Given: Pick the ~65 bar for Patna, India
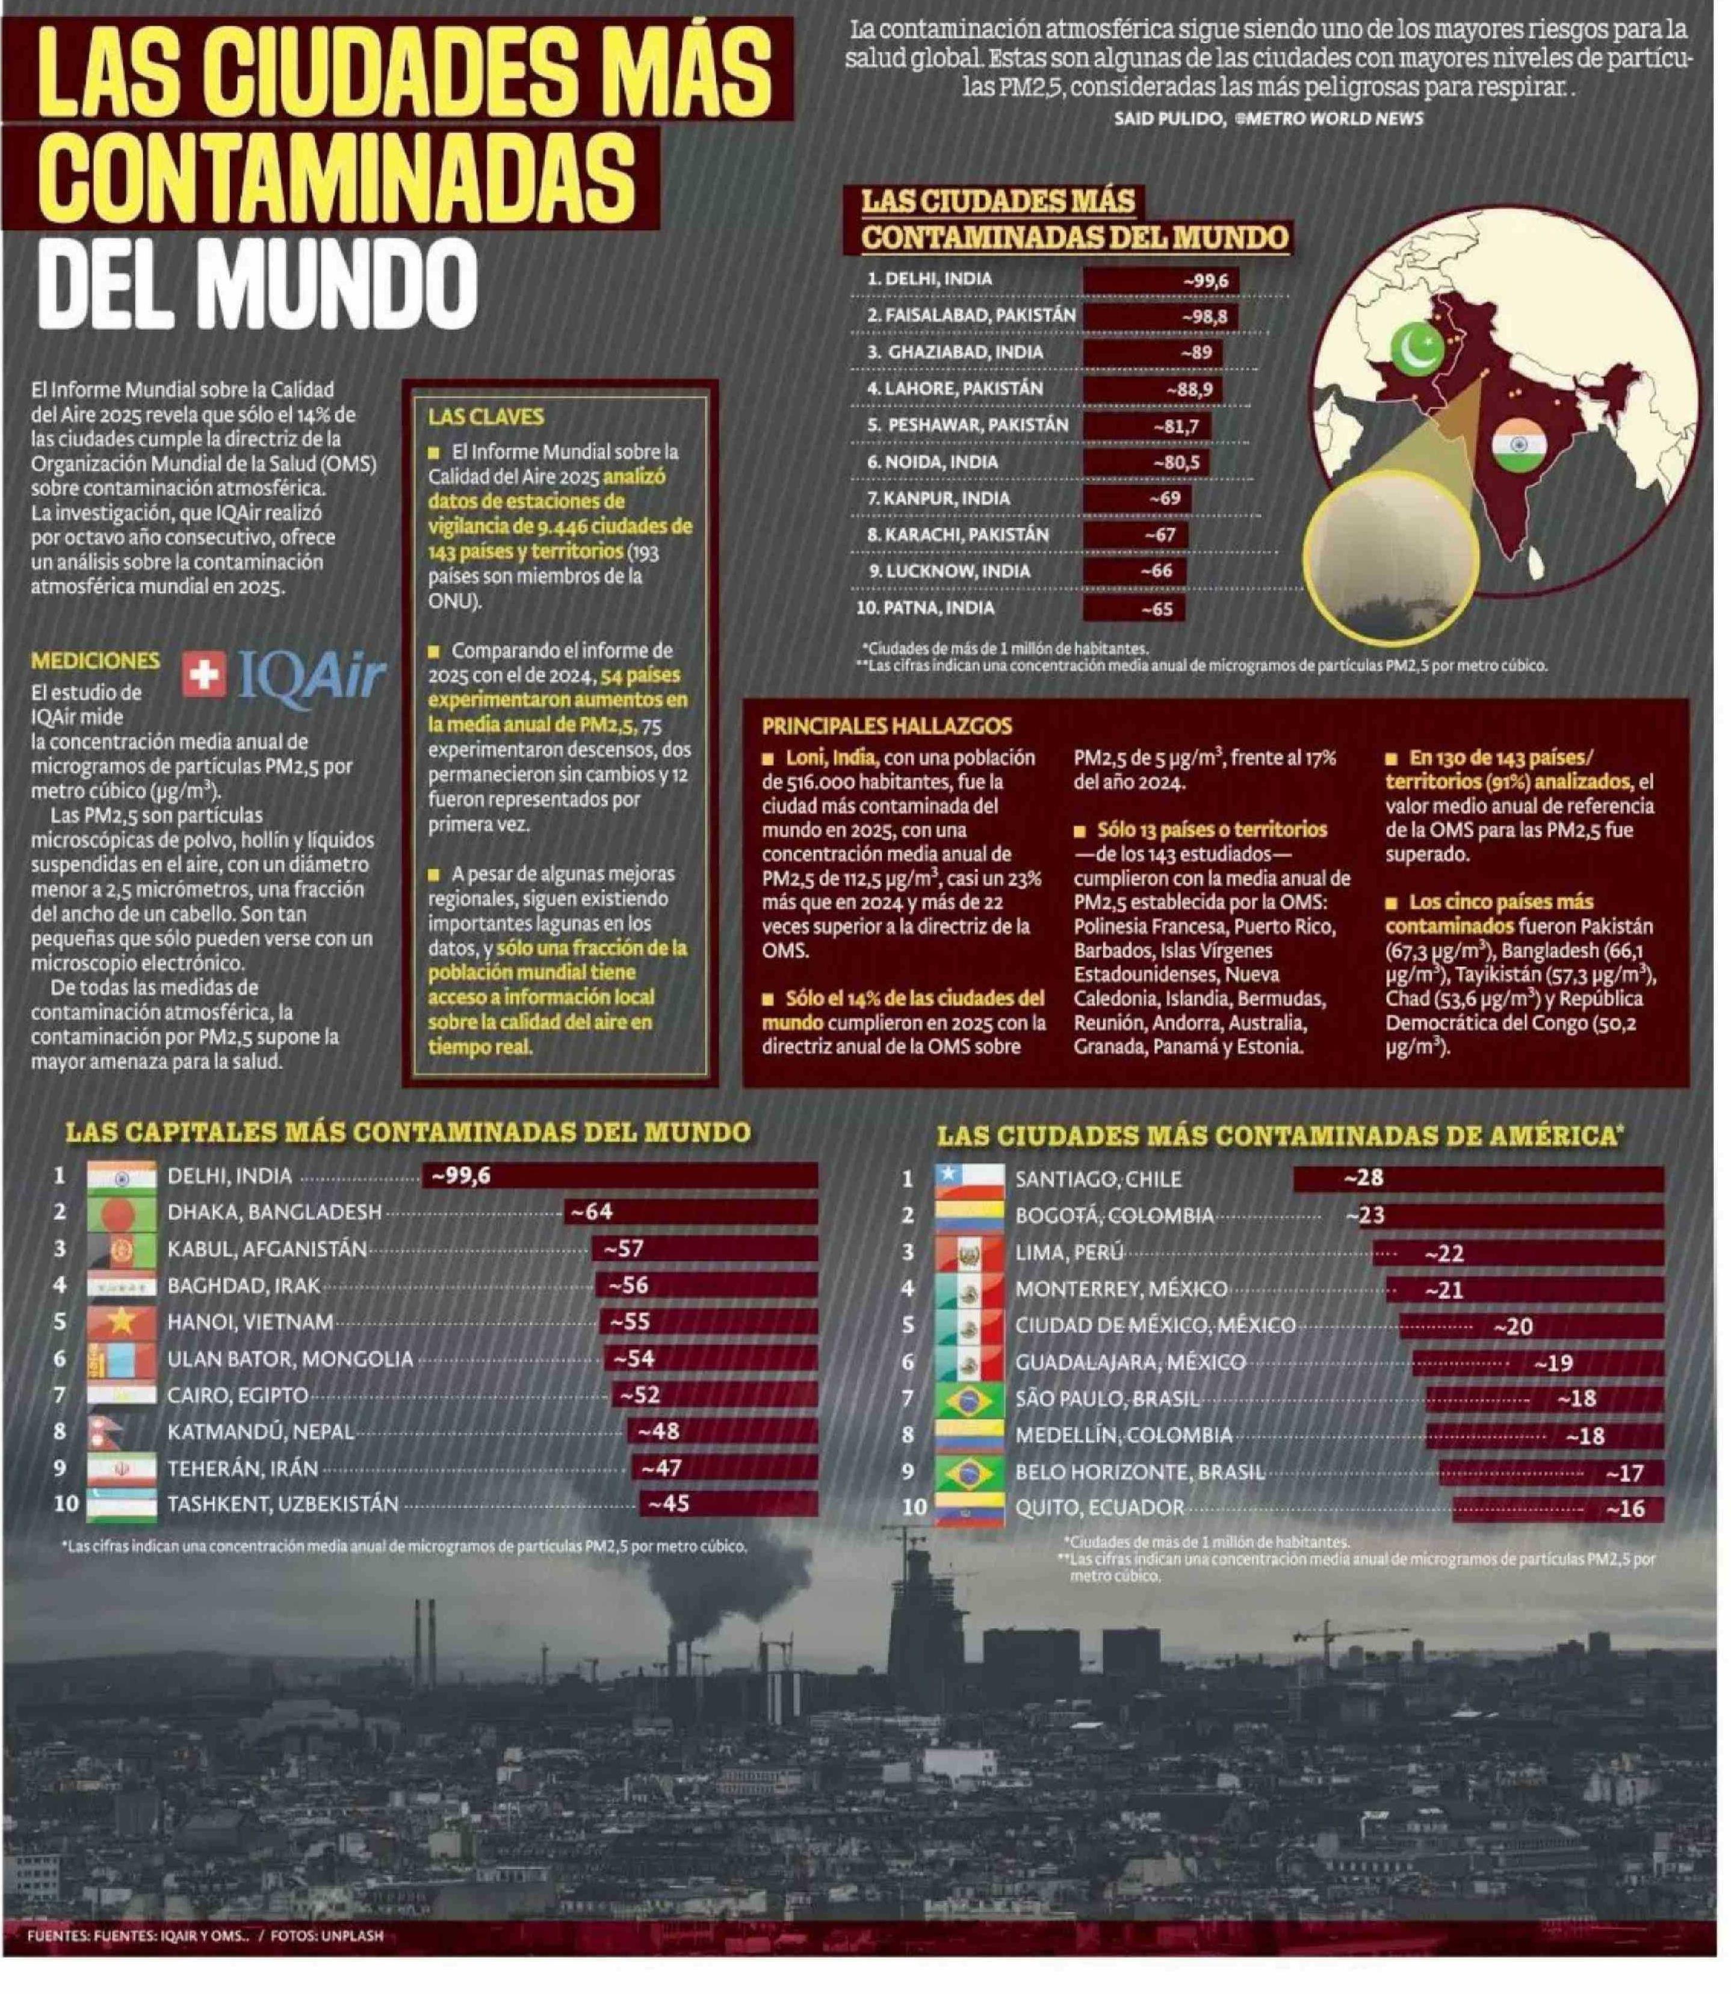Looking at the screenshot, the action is (1134, 609).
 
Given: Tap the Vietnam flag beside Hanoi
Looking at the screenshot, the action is (121, 1322).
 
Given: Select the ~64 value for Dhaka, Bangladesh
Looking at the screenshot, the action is (590, 1211).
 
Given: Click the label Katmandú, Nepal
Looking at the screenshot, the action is (261, 1432).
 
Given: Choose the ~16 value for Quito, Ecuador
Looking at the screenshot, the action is (1624, 1509).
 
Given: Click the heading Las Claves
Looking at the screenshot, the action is (486, 417).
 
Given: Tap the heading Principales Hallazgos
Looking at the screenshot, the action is (887, 725).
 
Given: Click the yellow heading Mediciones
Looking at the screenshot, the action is (94, 661).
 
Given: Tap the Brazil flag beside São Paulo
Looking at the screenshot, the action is (970, 1399).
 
